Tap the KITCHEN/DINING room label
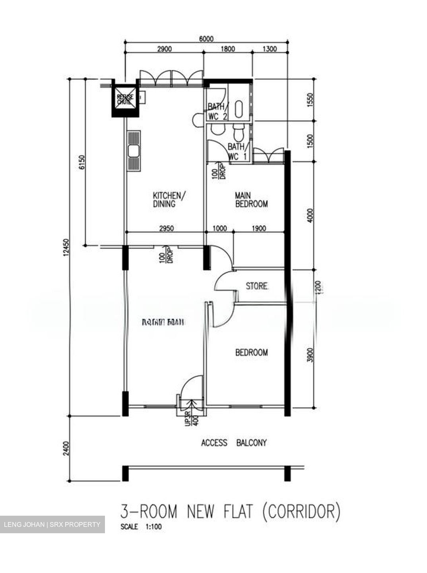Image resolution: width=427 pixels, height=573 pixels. click(169, 200)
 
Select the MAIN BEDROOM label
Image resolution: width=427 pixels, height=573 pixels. click(251, 200)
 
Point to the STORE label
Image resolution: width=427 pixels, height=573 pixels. click(257, 286)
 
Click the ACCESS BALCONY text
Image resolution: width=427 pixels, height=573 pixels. click(234, 442)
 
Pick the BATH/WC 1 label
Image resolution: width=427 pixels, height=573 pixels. click(237, 152)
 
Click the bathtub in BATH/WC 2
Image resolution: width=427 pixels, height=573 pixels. click(239, 109)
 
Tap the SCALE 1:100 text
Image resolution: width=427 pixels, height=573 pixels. click(141, 526)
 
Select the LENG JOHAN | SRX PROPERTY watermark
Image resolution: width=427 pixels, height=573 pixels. click(52, 524)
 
